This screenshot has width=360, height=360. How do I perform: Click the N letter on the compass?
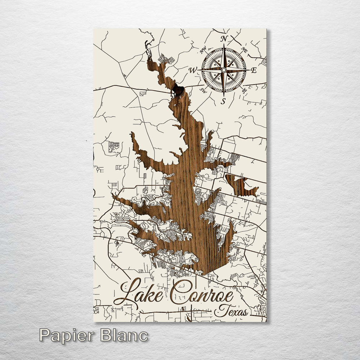[x=224, y=39]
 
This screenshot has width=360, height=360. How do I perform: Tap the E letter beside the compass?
[x=253, y=71]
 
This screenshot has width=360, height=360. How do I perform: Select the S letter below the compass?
[x=223, y=101]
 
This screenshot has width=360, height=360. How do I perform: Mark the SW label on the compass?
[x=203, y=89]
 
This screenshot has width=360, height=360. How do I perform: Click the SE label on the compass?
[x=245, y=90]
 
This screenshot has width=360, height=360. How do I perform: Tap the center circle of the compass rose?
[x=224, y=69]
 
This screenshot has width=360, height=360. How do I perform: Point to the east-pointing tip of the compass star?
[x=249, y=69]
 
